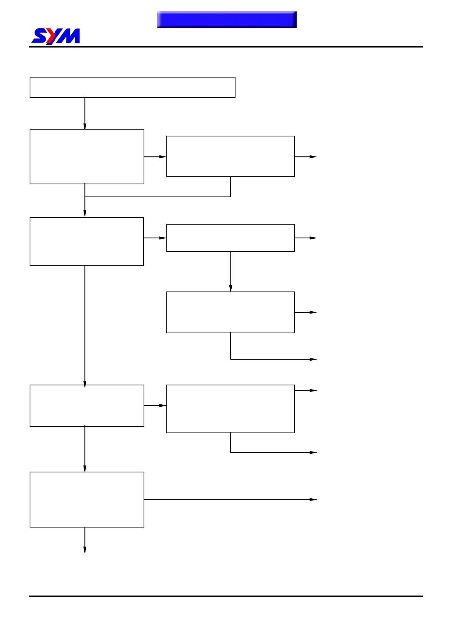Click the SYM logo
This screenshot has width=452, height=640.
coord(55,36)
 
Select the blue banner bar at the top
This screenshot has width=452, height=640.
coord(226,19)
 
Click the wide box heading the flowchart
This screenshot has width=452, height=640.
coord(132,87)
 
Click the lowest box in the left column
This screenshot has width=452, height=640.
coord(87,499)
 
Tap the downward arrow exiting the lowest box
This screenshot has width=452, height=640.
coord(85,540)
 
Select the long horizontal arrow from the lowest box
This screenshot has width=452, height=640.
coord(230,499)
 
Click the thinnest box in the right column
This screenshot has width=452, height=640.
coord(230,238)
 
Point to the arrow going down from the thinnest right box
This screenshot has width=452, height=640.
coord(231,271)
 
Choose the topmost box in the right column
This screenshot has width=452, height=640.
coord(230,156)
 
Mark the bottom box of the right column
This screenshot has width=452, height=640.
coord(230,409)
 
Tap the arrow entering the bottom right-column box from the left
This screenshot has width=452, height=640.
coord(155,406)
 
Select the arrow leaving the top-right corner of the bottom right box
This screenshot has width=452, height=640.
coord(305,390)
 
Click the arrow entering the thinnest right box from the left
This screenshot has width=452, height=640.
coord(155,238)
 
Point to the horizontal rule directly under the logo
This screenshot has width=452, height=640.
coord(226,47)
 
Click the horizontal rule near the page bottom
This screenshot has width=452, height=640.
coord(226,596)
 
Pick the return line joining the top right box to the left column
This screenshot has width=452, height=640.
coord(158,197)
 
